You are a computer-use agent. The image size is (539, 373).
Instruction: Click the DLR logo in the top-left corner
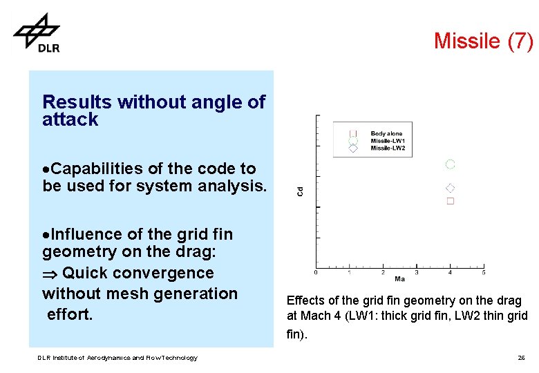click(x=37, y=32)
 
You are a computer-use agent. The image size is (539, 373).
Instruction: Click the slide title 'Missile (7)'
click(x=483, y=41)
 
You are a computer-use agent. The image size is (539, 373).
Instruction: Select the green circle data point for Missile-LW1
click(x=451, y=164)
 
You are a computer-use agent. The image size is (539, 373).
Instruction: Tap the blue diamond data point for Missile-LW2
click(x=451, y=188)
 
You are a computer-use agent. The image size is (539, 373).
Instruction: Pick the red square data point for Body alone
click(x=451, y=201)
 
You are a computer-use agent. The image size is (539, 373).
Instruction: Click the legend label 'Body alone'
click(x=386, y=133)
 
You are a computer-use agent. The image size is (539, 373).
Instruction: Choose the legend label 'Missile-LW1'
click(x=388, y=141)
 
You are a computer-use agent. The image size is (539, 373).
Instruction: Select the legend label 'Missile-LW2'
click(x=388, y=148)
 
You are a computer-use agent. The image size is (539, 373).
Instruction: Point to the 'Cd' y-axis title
click(x=300, y=191)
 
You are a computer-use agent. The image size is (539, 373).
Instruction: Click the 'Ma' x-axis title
click(x=399, y=279)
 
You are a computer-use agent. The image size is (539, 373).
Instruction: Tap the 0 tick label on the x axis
click(x=316, y=273)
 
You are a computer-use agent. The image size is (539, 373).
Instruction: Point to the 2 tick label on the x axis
click(x=384, y=273)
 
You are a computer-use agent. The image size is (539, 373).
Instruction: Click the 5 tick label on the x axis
click(x=483, y=273)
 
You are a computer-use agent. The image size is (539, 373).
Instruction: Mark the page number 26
click(x=521, y=358)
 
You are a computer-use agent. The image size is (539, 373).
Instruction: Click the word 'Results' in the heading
click(x=77, y=102)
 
